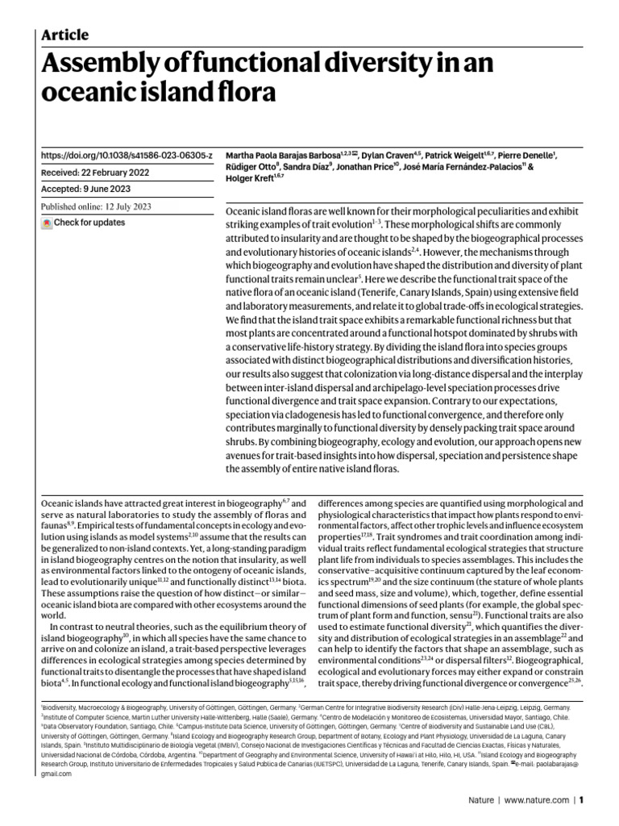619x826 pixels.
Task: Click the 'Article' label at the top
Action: click(64, 35)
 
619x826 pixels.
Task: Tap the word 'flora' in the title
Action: click(247, 93)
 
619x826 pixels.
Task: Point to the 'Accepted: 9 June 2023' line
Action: click(90, 189)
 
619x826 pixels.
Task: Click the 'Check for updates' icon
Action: click(47, 223)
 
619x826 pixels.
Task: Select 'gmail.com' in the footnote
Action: click(56, 774)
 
